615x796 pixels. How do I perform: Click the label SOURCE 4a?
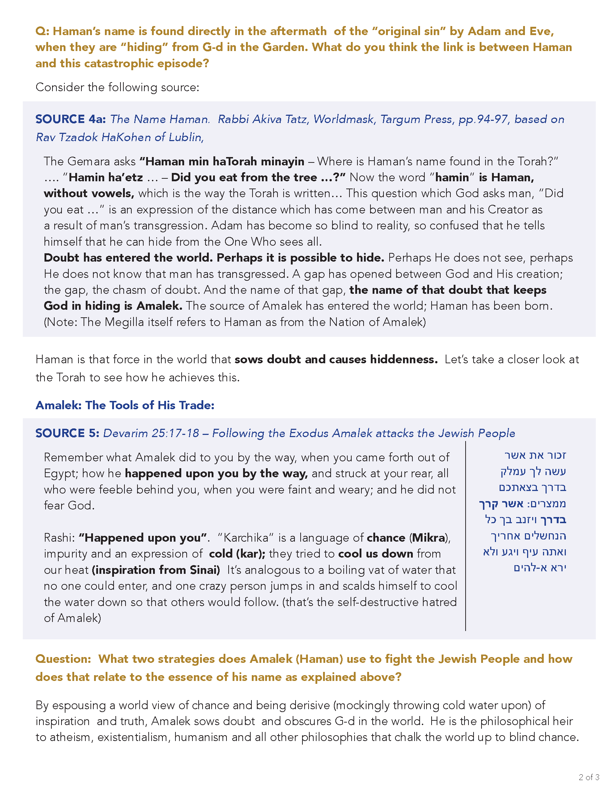tap(71, 119)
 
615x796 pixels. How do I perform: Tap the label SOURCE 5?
tap(67, 433)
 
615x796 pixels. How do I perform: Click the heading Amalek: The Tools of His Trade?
tap(124, 405)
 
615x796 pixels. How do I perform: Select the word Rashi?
tap(59, 538)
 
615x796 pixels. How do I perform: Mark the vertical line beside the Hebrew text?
tap(466, 536)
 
